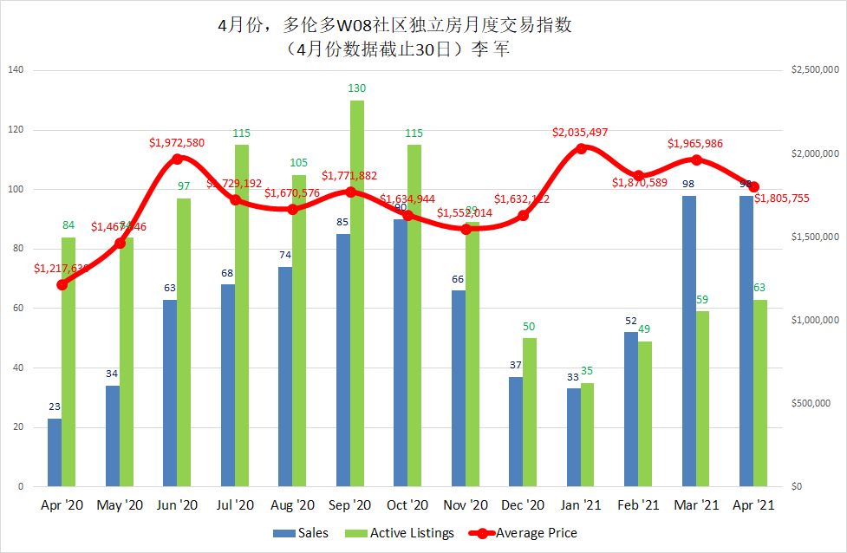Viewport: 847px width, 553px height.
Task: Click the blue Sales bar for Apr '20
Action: pos(55,452)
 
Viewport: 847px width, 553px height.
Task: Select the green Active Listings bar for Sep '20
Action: pos(357,293)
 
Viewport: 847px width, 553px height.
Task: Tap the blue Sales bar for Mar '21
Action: pos(689,341)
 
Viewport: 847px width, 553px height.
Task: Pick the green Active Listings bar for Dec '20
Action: pos(530,412)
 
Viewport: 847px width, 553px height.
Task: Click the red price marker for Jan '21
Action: pos(581,148)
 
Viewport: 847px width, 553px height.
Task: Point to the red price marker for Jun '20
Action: pos(177,159)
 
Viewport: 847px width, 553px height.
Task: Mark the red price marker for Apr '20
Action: pos(62,284)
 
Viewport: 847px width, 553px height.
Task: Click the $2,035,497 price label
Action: pos(581,133)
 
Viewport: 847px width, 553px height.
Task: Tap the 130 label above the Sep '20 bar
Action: pos(357,88)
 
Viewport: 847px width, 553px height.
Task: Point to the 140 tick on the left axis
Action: pos(16,70)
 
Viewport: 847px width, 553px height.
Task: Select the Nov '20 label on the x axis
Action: pos(466,505)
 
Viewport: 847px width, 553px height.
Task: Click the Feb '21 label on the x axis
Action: pos(639,505)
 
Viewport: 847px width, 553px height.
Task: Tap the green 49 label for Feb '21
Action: pos(645,329)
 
